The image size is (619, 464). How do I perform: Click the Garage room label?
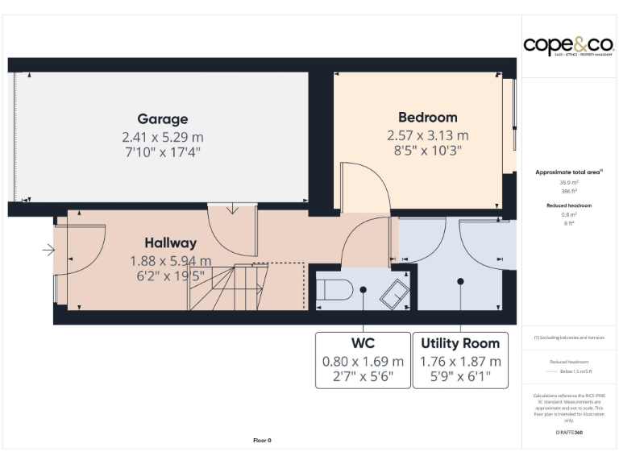tap(162, 119)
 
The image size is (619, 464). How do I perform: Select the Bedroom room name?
tap(427, 118)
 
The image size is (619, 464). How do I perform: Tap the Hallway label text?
tap(170, 242)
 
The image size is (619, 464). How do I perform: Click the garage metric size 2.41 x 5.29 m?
tap(162, 136)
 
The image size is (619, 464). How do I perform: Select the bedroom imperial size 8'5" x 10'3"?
tap(427, 150)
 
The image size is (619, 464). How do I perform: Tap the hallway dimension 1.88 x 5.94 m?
tap(170, 260)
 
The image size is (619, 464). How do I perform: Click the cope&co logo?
tap(568, 46)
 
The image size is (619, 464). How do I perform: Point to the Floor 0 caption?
tap(262, 441)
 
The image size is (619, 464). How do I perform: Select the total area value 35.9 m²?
tap(569, 183)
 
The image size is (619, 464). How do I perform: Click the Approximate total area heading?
tap(569, 172)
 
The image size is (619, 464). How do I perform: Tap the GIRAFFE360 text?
tap(569, 433)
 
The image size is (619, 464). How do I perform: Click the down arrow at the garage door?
tap(233, 209)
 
